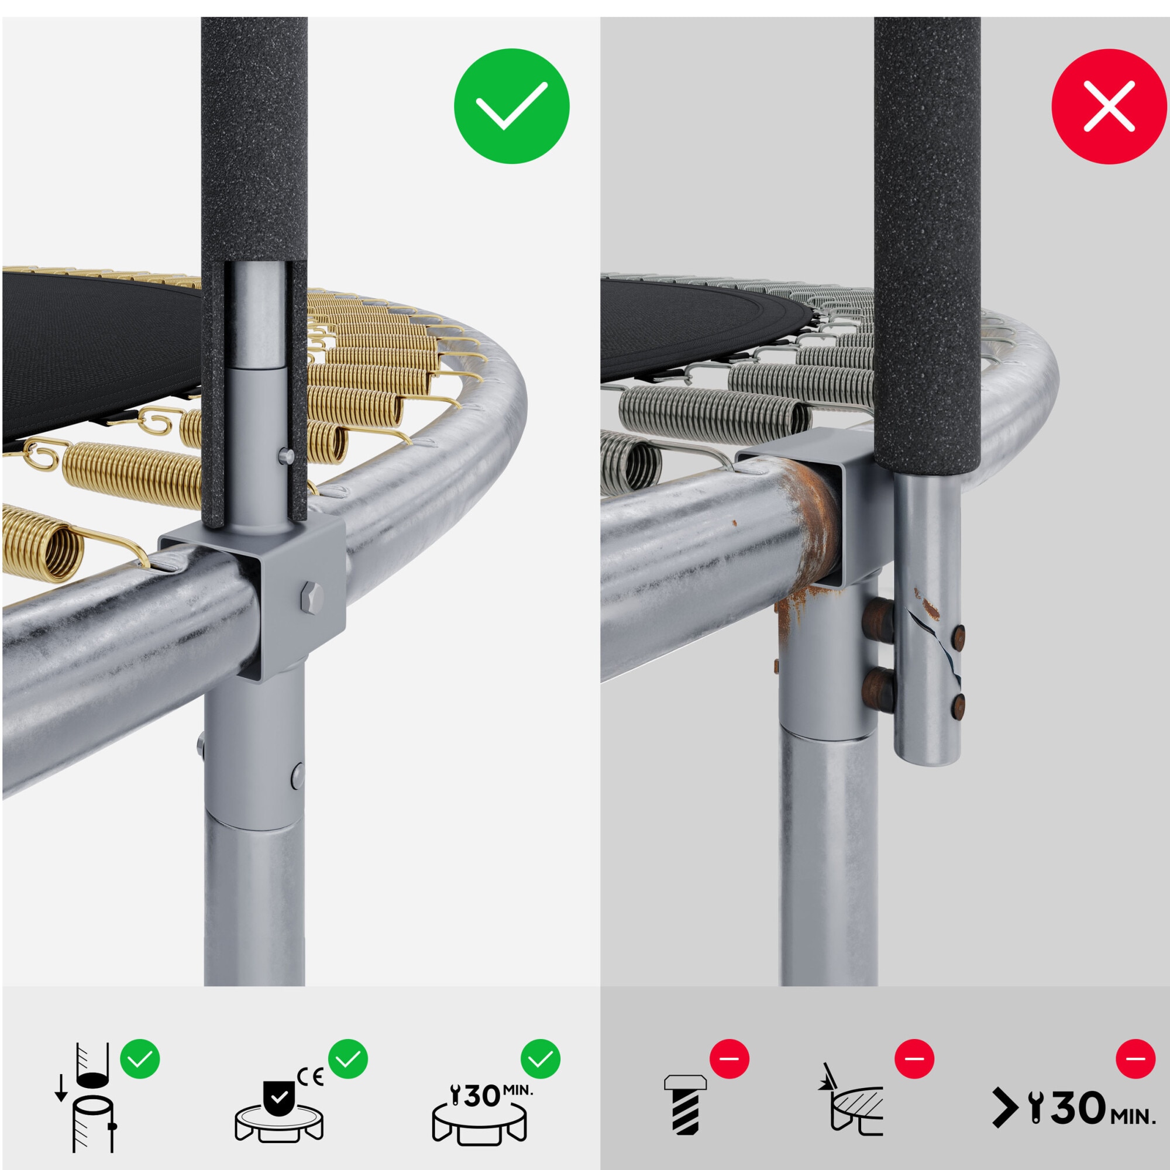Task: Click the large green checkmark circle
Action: (x=512, y=106)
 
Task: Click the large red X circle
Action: (x=1109, y=106)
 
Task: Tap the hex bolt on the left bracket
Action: (x=311, y=596)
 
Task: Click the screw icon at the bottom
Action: (x=685, y=1104)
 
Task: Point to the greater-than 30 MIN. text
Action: (x=1073, y=1108)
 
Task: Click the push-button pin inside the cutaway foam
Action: (x=285, y=455)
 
